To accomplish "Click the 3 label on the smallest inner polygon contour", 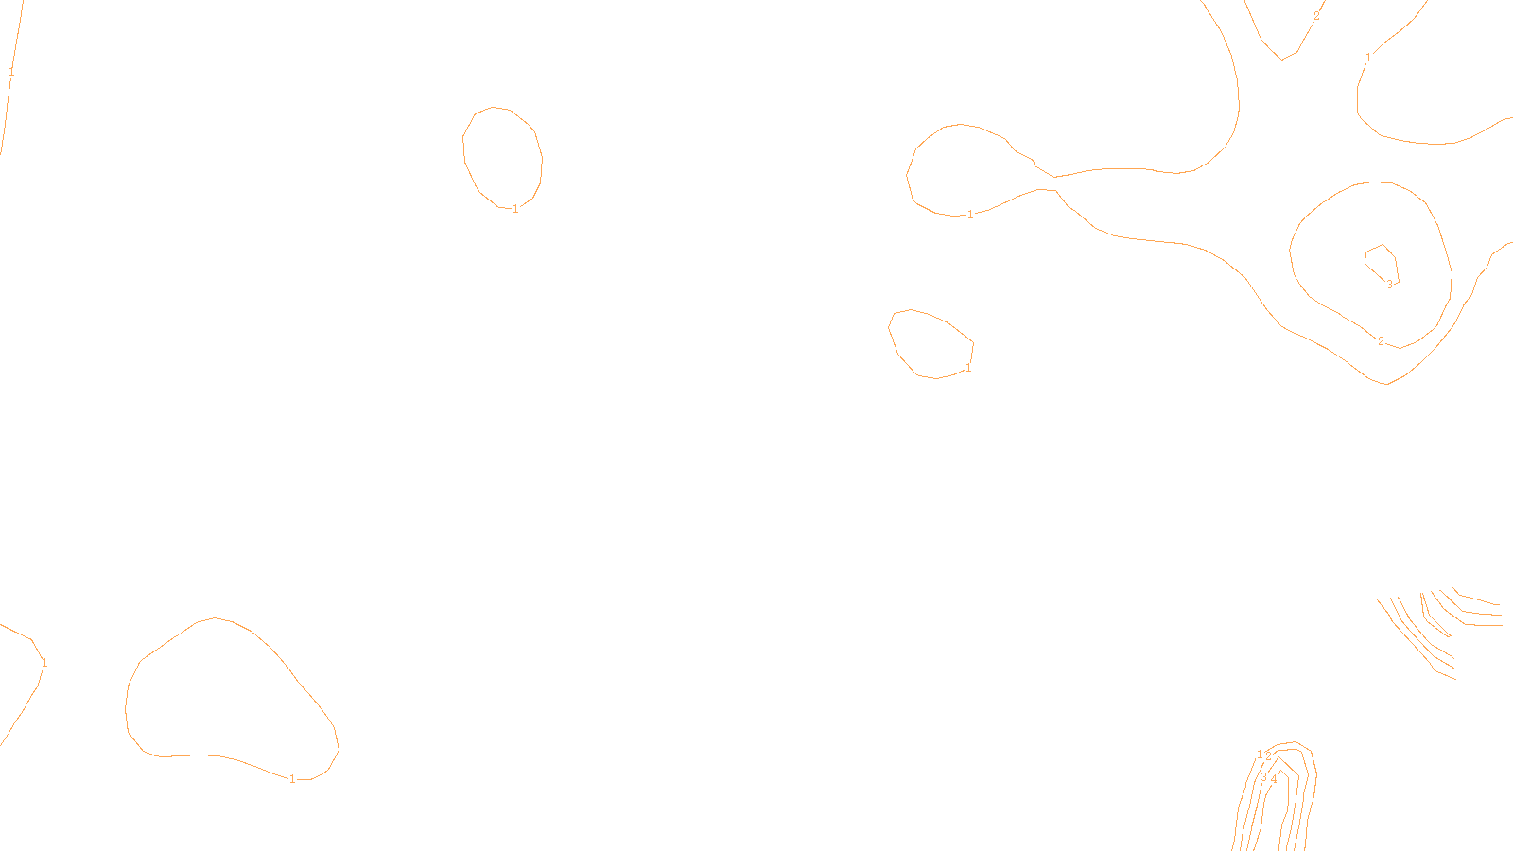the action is tap(1389, 284).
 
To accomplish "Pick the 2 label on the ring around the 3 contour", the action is tap(1381, 341).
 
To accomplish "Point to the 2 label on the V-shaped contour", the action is tap(1316, 16).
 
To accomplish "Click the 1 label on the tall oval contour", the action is tap(515, 209).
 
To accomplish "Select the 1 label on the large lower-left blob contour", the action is tap(292, 779).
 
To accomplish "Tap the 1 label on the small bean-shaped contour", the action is tap(968, 368).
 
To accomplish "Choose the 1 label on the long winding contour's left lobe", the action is tap(970, 215).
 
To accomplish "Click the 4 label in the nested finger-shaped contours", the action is tap(1274, 779).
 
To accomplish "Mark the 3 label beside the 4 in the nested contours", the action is tap(1263, 777).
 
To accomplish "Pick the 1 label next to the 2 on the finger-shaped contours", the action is tap(1260, 755).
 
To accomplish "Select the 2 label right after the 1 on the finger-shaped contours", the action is tap(1268, 755).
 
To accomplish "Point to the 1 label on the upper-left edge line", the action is tap(11, 72).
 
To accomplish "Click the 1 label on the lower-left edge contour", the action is tap(44, 663).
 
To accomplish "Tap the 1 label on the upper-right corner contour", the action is tap(1368, 58).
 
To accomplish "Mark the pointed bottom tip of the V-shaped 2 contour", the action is tap(1282, 59).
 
